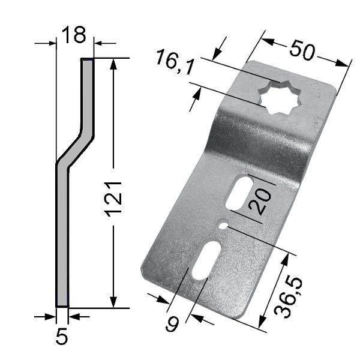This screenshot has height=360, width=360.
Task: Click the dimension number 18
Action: point(74,35)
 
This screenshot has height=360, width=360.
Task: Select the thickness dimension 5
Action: point(62,336)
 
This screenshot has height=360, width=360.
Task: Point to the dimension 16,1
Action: point(175,61)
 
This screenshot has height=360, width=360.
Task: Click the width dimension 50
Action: point(302,50)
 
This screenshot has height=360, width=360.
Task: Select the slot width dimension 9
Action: point(173,323)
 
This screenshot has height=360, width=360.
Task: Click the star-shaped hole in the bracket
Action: point(280,97)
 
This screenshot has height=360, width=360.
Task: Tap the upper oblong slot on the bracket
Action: point(239,193)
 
